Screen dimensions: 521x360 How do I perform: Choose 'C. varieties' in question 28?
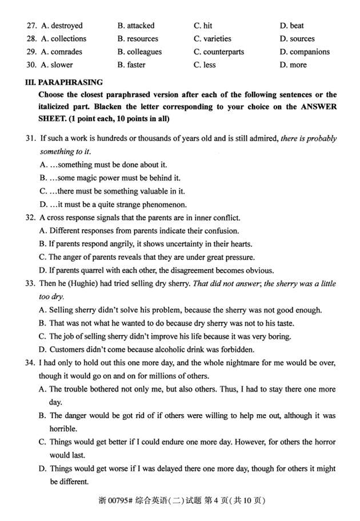[x=213, y=39]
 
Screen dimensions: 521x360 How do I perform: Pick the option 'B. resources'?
[x=138, y=39]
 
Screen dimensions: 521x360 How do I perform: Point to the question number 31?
[x=31, y=139]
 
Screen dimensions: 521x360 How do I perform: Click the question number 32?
[x=31, y=218]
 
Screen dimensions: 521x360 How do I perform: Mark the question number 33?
[x=31, y=284]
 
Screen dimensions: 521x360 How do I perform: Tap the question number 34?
[x=31, y=363]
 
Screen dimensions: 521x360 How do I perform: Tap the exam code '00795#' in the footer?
[x=119, y=501]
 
